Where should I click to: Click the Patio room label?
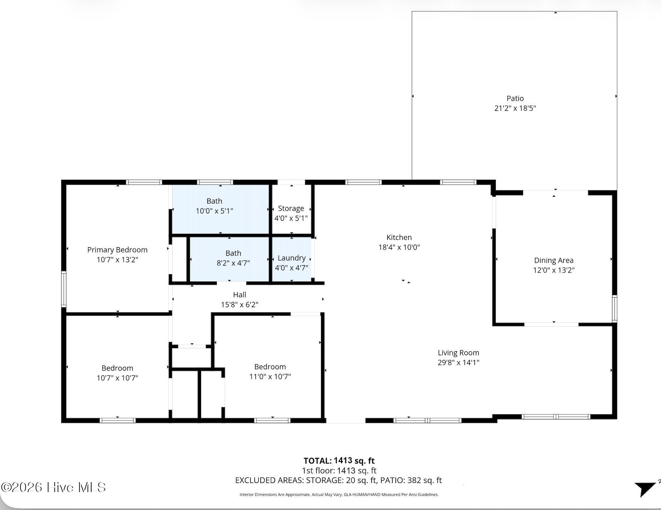click(515, 98)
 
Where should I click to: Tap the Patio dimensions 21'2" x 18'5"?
click(515, 108)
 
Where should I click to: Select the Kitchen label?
click(399, 237)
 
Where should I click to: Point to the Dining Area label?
click(554, 260)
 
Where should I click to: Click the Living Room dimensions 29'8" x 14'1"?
click(459, 362)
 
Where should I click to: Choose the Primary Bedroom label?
click(117, 250)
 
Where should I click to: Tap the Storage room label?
click(291, 209)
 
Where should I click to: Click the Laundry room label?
click(292, 258)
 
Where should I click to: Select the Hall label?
click(240, 295)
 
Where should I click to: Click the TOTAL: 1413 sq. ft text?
click(339, 461)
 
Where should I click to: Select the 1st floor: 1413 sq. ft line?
click(339, 471)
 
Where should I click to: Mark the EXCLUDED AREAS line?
click(338, 480)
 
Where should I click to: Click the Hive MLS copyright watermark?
click(54, 487)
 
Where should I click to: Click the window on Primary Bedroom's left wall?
click(64, 289)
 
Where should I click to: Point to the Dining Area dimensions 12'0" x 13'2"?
click(554, 270)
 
